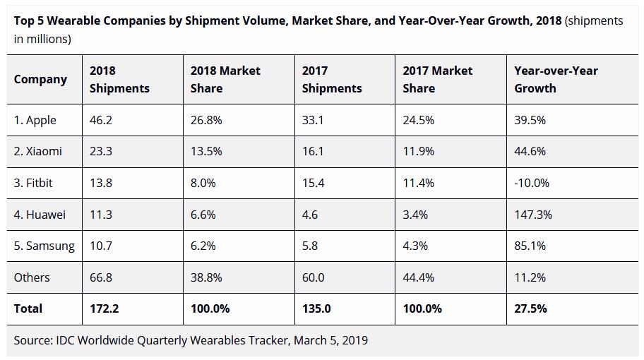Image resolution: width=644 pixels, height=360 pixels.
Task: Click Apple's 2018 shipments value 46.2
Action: click(101, 120)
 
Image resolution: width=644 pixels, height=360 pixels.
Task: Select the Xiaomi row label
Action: click(37, 151)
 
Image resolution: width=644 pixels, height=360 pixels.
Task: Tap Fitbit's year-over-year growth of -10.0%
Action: click(532, 183)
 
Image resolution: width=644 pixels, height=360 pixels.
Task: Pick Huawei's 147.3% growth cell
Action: click(533, 215)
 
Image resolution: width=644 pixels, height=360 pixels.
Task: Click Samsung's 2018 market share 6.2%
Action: click(205, 246)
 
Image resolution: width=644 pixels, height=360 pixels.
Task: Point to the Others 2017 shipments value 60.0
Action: click(313, 277)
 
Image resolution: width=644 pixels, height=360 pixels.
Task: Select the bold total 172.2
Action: click(103, 308)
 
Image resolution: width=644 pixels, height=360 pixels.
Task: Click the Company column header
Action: click(40, 79)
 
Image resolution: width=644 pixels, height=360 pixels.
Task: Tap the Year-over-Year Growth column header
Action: click(556, 79)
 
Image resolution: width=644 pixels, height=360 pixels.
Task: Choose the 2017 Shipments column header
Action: click(331, 79)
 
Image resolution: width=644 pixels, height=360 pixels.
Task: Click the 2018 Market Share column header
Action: click(225, 79)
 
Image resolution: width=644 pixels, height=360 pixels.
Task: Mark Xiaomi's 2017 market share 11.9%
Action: click(418, 151)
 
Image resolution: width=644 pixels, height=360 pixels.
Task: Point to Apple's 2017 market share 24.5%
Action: click(418, 120)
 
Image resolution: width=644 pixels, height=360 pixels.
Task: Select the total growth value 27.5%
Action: click(530, 308)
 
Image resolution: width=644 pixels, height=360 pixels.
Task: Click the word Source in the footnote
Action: click(32, 340)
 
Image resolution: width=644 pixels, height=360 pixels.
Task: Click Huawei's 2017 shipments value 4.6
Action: click(310, 215)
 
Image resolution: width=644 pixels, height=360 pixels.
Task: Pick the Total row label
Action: click(28, 308)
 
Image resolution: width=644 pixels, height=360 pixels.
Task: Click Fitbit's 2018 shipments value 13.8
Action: click(101, 183)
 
